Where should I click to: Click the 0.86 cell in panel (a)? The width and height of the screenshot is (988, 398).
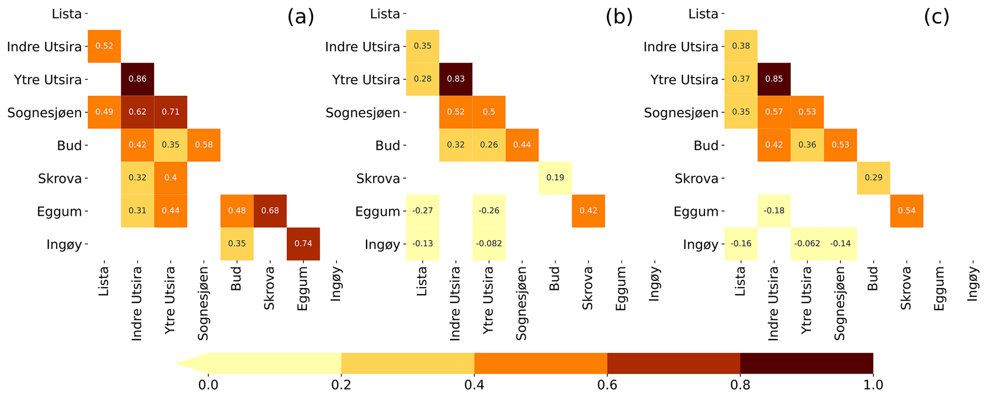137,79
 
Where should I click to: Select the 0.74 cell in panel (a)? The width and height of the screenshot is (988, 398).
303,244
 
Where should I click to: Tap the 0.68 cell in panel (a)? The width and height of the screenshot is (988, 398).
270,211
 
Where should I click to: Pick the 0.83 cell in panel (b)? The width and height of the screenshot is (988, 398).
456,79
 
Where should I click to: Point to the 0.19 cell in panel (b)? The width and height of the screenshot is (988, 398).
555,178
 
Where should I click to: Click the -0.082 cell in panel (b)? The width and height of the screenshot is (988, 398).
489,244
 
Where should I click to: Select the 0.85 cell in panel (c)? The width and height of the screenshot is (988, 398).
774,79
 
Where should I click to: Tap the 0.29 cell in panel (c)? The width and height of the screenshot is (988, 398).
873,178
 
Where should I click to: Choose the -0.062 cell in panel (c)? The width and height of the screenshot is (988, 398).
807,244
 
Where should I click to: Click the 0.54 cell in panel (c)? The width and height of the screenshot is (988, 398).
906,211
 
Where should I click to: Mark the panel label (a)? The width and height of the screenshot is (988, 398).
301,17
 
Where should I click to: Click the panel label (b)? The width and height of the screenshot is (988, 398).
619,17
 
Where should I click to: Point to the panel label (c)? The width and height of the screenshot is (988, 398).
936,17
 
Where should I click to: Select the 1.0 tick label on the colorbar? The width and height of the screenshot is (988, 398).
873,385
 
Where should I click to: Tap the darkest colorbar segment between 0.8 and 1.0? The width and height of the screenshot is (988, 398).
806,363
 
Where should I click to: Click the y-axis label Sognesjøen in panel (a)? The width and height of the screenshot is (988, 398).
44,113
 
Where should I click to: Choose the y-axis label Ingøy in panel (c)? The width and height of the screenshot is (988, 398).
700,245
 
